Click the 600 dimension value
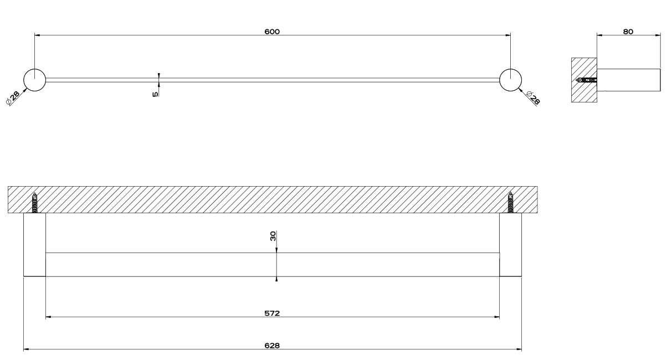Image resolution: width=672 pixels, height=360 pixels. pyautogui.click(x=272, y=32)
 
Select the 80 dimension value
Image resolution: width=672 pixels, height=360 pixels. pyautogui.click(x=628, y=32)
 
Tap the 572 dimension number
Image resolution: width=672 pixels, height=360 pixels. pyautogui.click(x=272, y=313)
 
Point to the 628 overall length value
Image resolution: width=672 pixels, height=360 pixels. pyautogui.click(x=272, y=346)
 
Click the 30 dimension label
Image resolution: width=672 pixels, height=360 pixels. pyautogui.click(x=273, y=236)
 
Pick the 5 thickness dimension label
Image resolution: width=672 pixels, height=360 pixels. pyautogui.click(x=155, y=94)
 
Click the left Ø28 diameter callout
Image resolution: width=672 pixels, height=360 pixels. pyautogui.click(x=13, y=98)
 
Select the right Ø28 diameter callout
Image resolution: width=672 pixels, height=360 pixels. pyautogui.click(x=534, y=97)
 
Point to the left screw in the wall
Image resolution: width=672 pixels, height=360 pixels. pyautogui.click(x=35, y=203)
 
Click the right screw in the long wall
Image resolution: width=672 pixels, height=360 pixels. pyautogui.click(x=510, y=203)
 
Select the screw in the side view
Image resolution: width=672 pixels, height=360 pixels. pyautogui.click(x=587, y=80)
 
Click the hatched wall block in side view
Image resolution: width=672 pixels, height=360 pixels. pyautogui.click(x=584, y=80)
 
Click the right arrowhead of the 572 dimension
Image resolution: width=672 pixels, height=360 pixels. pyautogui.click(x=497, y=317)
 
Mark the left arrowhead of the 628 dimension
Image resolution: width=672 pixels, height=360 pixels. pyautogui.click(x=26, y=349)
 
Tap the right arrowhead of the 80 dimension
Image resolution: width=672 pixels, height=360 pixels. pyautogui.click(x=658, y=35)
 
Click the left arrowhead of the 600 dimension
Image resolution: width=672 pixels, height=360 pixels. pyautogui.click(x=37, y=35)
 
